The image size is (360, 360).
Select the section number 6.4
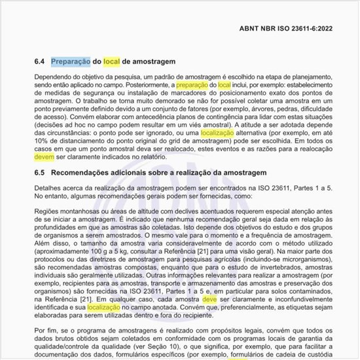pyautogui.click(x=39, y=62)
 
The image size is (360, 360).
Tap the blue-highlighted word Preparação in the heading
pyautogui.click(x=70, y=62)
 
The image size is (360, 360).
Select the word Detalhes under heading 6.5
pyautogui.click(x=48, y=187)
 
